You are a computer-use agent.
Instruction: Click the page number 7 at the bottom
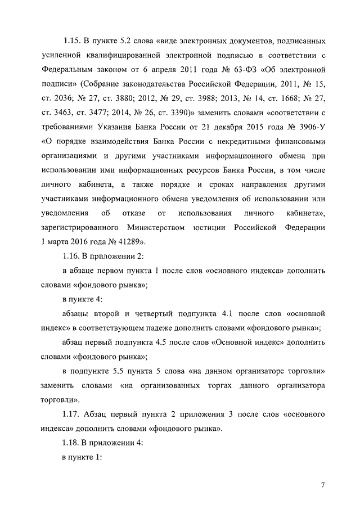coord(323,485)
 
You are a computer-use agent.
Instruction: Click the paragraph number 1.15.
coord(72,41)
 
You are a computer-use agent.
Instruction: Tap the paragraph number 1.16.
coord(72,256)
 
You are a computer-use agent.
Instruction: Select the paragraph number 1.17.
coord(72,414)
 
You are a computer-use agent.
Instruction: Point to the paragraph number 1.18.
coord(72,443)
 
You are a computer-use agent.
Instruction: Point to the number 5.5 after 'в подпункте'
coord(115,371)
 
